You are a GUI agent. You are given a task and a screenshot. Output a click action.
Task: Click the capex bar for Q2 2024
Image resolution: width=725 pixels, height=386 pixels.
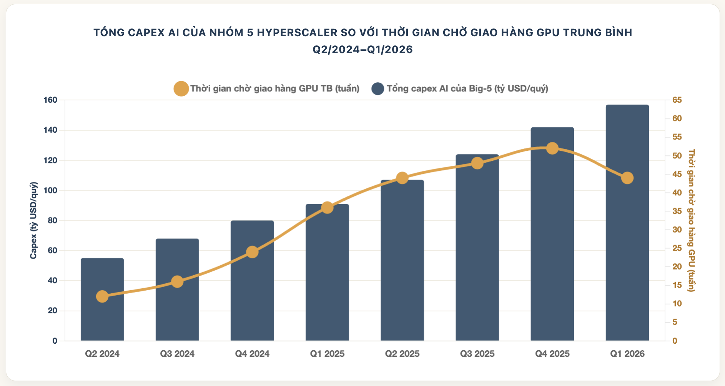point(102,299)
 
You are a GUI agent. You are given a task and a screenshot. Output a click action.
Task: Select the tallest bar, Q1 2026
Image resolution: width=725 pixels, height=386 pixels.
point(627,223)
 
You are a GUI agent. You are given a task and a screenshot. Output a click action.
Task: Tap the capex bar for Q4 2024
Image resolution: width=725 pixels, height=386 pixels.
point(252,281)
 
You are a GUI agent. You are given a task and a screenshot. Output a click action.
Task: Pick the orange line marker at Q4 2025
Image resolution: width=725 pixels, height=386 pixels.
point(552,148)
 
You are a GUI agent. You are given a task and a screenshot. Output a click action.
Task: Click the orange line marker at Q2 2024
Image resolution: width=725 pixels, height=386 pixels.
point(102,296)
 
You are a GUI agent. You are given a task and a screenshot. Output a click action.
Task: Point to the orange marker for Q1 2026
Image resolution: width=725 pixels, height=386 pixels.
point(627,178)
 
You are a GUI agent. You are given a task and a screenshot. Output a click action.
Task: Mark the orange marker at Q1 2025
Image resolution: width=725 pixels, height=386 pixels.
point(327,208)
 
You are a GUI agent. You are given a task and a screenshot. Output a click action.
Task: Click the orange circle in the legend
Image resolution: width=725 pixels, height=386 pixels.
point(181,89)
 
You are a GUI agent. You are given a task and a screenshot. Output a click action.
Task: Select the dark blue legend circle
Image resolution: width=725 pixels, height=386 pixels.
point(378,89)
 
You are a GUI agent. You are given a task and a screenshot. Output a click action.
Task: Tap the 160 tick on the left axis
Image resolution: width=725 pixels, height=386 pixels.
point(50,100)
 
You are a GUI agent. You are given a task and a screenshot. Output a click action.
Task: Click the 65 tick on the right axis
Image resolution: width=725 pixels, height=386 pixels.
point(677,100)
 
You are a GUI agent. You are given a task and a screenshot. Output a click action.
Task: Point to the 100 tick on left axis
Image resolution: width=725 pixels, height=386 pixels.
point(50,190)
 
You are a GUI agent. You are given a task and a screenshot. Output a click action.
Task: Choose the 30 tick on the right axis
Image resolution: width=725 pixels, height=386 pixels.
point(677,230)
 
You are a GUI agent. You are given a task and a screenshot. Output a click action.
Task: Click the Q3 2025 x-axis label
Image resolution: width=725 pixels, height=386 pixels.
point(477,354)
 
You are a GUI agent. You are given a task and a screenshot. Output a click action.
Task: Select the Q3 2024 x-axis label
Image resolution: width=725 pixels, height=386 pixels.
point(177,354)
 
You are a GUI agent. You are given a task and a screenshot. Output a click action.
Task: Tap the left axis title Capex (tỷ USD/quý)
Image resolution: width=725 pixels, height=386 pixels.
point(34,220)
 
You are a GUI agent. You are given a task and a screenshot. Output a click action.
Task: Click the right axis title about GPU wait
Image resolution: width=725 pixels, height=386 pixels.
point(692,220)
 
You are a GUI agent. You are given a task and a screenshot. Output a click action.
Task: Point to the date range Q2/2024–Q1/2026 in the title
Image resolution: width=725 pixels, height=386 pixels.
point(362,50)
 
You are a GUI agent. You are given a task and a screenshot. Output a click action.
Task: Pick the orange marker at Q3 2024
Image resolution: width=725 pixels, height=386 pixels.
point(177,282)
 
